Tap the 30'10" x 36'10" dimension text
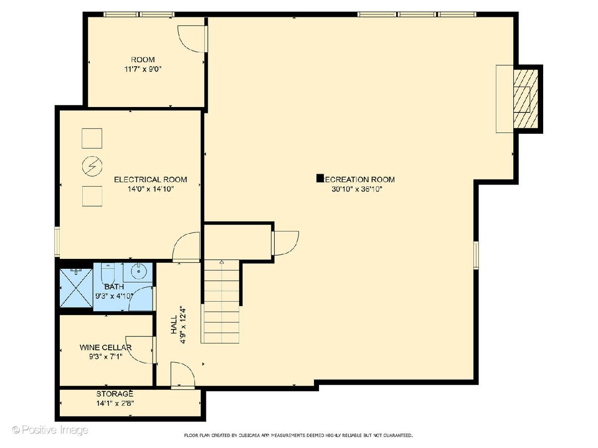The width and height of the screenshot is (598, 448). coord(357,189)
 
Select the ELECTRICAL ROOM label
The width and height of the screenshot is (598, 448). coord(150,180)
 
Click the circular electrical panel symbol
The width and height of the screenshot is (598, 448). coord(92,166)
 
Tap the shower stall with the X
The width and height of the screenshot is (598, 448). coord(76,288)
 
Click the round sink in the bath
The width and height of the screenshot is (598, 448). coord(139,271)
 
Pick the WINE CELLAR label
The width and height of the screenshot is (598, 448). coord(106,347)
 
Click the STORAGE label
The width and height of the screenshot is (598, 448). coord(115,394)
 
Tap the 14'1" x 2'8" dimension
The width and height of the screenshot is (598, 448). coord(115,403)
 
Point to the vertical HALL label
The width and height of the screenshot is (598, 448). coord(173,325)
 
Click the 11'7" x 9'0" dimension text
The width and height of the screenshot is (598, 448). coord(143,69)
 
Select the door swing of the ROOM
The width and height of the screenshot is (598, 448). coord(191,39)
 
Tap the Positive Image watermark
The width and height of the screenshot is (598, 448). coord(50,430)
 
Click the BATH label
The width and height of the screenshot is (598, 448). coord(114,287)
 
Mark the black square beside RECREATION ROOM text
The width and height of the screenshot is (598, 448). coord(320,178)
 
